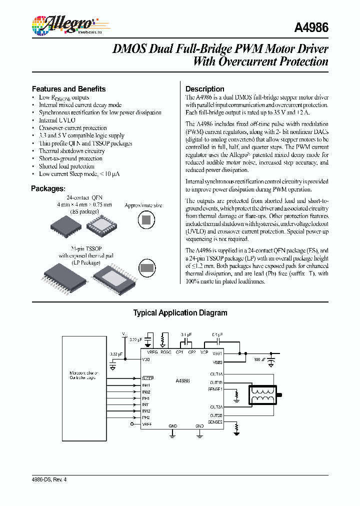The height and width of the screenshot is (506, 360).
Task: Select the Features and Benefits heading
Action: coord(68,89)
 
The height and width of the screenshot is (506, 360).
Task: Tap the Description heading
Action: coord(205,89)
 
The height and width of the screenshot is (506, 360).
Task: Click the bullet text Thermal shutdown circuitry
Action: coord(71,151)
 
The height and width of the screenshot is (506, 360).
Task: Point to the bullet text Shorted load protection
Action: coord(66,166)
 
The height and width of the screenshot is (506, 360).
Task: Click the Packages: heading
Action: coord(48,188)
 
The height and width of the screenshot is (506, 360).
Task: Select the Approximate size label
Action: coord(143,205)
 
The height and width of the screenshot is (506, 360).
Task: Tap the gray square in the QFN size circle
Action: coord(146,219)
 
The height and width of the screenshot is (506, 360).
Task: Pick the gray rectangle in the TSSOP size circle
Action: coord(146,267)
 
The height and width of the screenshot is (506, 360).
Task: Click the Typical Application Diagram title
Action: coord(180,313)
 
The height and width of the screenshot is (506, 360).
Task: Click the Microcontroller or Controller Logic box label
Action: coord(83,375)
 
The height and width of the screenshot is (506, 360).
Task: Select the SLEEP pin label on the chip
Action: coord(148,378)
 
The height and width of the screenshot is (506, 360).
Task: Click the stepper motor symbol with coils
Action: coord(264,394)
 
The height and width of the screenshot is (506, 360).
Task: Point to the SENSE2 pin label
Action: coord(215,421)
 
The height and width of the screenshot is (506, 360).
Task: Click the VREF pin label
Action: coord(147,424)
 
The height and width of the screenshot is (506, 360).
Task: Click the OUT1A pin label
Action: coord(216,373)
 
